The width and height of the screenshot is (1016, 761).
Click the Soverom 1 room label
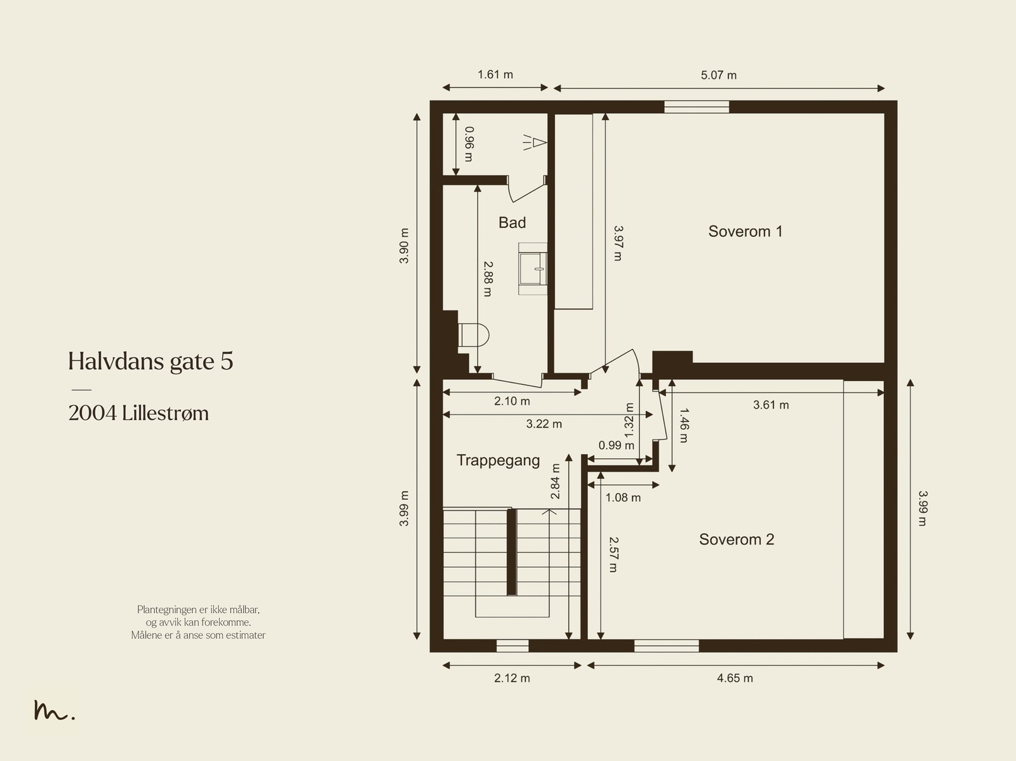click(745, 231)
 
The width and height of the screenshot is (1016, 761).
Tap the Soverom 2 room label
click(737, 539)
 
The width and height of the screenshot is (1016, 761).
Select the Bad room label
click(512, 223)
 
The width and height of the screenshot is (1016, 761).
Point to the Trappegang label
click(498, 460)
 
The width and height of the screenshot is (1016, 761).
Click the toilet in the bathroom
click(473, 335)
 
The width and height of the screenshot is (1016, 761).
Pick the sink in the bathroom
click(533, 269)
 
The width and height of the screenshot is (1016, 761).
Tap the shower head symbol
click(535, 142)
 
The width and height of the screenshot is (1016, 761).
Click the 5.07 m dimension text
click(718, 75)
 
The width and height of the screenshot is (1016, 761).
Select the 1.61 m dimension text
click(495, 74)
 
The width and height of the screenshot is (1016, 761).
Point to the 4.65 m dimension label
click(735, 678)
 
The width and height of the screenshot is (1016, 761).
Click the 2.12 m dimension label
click(512, 678)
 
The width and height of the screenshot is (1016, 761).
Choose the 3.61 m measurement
click(771, 405)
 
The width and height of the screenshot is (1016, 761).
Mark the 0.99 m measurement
click(616, 445)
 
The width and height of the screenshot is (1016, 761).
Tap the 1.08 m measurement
click(623, 497)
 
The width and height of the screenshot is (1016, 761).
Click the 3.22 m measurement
click(544, 424)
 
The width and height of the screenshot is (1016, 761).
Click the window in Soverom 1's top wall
click(697, 107)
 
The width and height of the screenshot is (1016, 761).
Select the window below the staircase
click(512, 646)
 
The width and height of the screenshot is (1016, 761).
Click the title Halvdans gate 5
click(151, 361)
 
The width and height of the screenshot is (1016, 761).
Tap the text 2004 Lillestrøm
click(138, 414)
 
